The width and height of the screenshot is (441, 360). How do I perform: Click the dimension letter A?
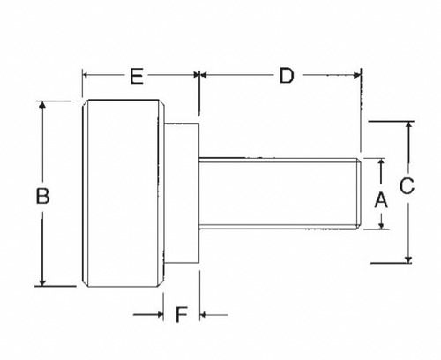382,199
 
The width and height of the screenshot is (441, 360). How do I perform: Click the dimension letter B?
42,195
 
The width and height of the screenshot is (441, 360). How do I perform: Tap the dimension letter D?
286,76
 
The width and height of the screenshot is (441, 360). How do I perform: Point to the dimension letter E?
136,77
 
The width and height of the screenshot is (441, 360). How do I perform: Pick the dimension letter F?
182,314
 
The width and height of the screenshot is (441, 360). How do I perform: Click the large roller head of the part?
122,193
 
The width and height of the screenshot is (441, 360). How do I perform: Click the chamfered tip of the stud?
357,193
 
